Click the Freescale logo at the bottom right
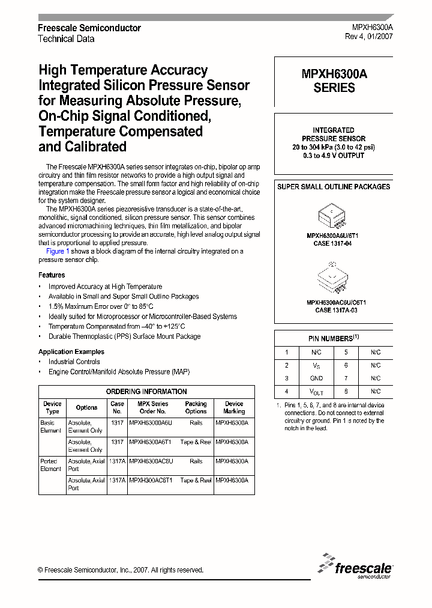[x=356, y=565]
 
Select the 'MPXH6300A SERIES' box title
[x=334, y=81]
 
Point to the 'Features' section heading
[x=52, y=275]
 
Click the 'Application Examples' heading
[x=71, y=351]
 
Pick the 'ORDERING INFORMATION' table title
[x=146, y=391]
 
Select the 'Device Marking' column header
[x=234, y=407]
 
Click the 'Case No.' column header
[x=118, y=407]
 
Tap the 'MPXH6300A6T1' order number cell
[x=151, y=442]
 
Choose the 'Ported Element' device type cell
[x=50, y=465]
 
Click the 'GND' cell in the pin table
[x=316, y=378]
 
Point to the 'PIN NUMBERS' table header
[x=334, y=338]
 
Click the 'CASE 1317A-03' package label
[x=334, y=310]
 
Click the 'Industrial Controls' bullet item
[x=74, y=362]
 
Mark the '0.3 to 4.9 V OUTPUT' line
[x=334, y=156]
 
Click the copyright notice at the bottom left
[x=121, y=570]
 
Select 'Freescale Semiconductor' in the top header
[x=89, y=28]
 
